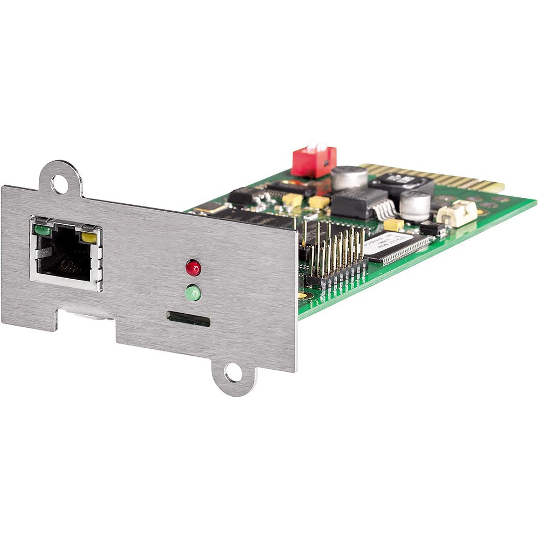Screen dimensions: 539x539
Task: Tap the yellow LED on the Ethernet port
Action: click(x=89, y=237)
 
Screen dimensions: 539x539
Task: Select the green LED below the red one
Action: click(x=192, y=294)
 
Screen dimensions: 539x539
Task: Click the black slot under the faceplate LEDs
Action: click(x=188, y=318)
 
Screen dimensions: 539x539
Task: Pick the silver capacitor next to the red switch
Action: click(x=349, y=178)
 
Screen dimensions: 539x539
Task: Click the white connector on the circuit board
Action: click(x=457, y=212)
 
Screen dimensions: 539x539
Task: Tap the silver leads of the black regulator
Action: click(x=385, y=210)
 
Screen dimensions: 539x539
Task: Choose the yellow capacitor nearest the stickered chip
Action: click(x=394, y=224)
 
